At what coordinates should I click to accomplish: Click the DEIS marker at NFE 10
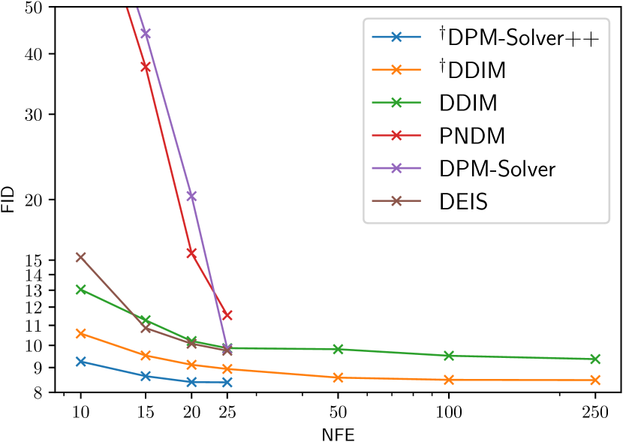click(x=80, y=257)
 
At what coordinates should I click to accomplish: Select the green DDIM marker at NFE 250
click(x=595, y=359)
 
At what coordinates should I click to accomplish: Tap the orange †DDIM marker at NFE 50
click(x=338, y=377)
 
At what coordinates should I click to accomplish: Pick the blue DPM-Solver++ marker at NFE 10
click(x=80, y=362)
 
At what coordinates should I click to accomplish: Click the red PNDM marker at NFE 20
click(x=191, y=253)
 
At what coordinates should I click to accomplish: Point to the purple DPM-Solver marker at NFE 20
click(x=191, y=196)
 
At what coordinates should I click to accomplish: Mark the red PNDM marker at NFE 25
click(x=227, y=315)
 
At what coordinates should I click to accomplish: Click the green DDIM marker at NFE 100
click(x=449, y=356)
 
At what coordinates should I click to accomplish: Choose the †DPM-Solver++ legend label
click(x=519, y=38)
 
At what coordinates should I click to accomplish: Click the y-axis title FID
click(x=8, y=199)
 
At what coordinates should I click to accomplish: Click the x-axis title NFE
click(x=338, y=434)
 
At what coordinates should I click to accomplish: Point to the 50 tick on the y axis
click(x=39, y=8)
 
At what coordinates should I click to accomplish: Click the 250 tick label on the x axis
click(x=595, y=411)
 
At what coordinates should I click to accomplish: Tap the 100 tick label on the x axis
click(x=449, y=411)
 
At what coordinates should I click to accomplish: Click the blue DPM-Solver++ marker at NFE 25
click(x=227, y=383)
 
